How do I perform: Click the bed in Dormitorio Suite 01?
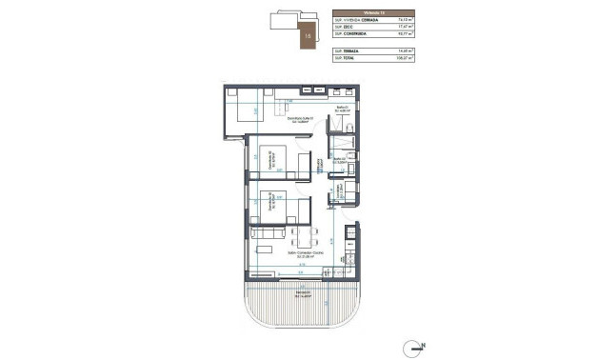coord(246,110)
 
